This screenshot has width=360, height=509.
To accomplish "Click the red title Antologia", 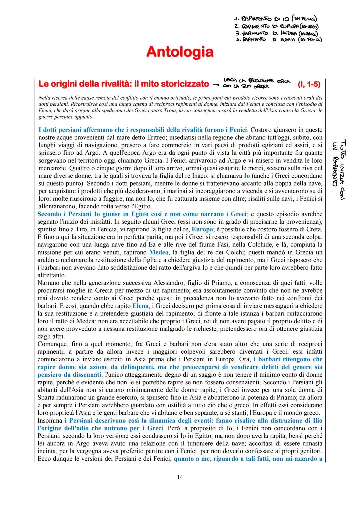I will (180, 52).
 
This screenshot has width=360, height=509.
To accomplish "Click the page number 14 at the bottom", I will (180, 477).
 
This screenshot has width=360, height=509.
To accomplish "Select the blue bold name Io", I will (247, 176).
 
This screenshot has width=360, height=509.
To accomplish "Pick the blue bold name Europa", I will (202, 229).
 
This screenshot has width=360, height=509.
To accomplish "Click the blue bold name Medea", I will (159, 252).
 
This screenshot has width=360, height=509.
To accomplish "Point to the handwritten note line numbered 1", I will (275, 19).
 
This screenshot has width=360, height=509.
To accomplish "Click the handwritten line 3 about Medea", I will (276, 33).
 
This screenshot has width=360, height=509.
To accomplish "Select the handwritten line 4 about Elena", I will (279, 40).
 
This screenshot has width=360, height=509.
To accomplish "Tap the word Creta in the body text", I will (314, 229).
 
